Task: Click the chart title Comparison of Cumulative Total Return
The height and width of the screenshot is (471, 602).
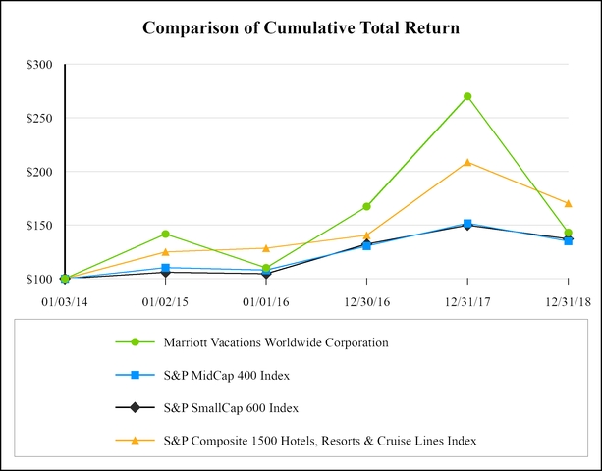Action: click(x=301, y=26)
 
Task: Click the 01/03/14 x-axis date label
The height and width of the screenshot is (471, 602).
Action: click(x=65, y=299)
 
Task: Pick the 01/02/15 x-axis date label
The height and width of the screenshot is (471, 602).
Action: click(x=165, y=299)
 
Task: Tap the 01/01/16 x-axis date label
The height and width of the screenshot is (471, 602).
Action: click(x=266, y=299)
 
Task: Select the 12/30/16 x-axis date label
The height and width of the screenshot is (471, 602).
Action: click(x=366, y=299)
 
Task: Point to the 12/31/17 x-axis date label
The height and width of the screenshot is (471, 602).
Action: click(x=467, y=299)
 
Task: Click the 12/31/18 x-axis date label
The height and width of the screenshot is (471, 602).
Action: click(x=567, y=299)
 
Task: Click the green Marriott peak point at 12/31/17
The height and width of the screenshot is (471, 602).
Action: click(x=467, y=96)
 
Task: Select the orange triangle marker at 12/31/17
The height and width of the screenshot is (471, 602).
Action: click(x=467, y=162)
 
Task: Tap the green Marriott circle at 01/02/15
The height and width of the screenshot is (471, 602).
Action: click(x=166, y=234)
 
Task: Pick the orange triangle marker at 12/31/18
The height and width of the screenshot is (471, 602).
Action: click(x=568, y=203)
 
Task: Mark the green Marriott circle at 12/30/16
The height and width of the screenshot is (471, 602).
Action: click(x=366, y=206)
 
